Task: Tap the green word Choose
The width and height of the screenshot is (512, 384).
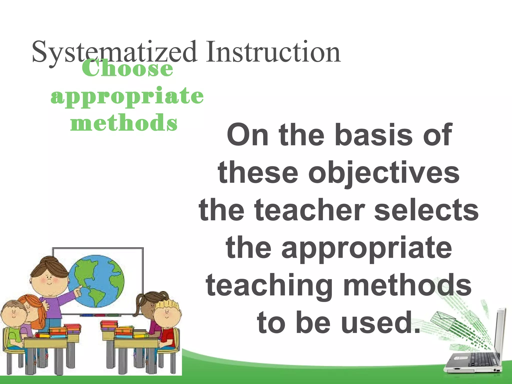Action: (x=127, y=68)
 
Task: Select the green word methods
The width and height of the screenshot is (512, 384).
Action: (x=124, y=122)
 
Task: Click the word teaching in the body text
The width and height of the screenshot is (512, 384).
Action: (x=269, y=285)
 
